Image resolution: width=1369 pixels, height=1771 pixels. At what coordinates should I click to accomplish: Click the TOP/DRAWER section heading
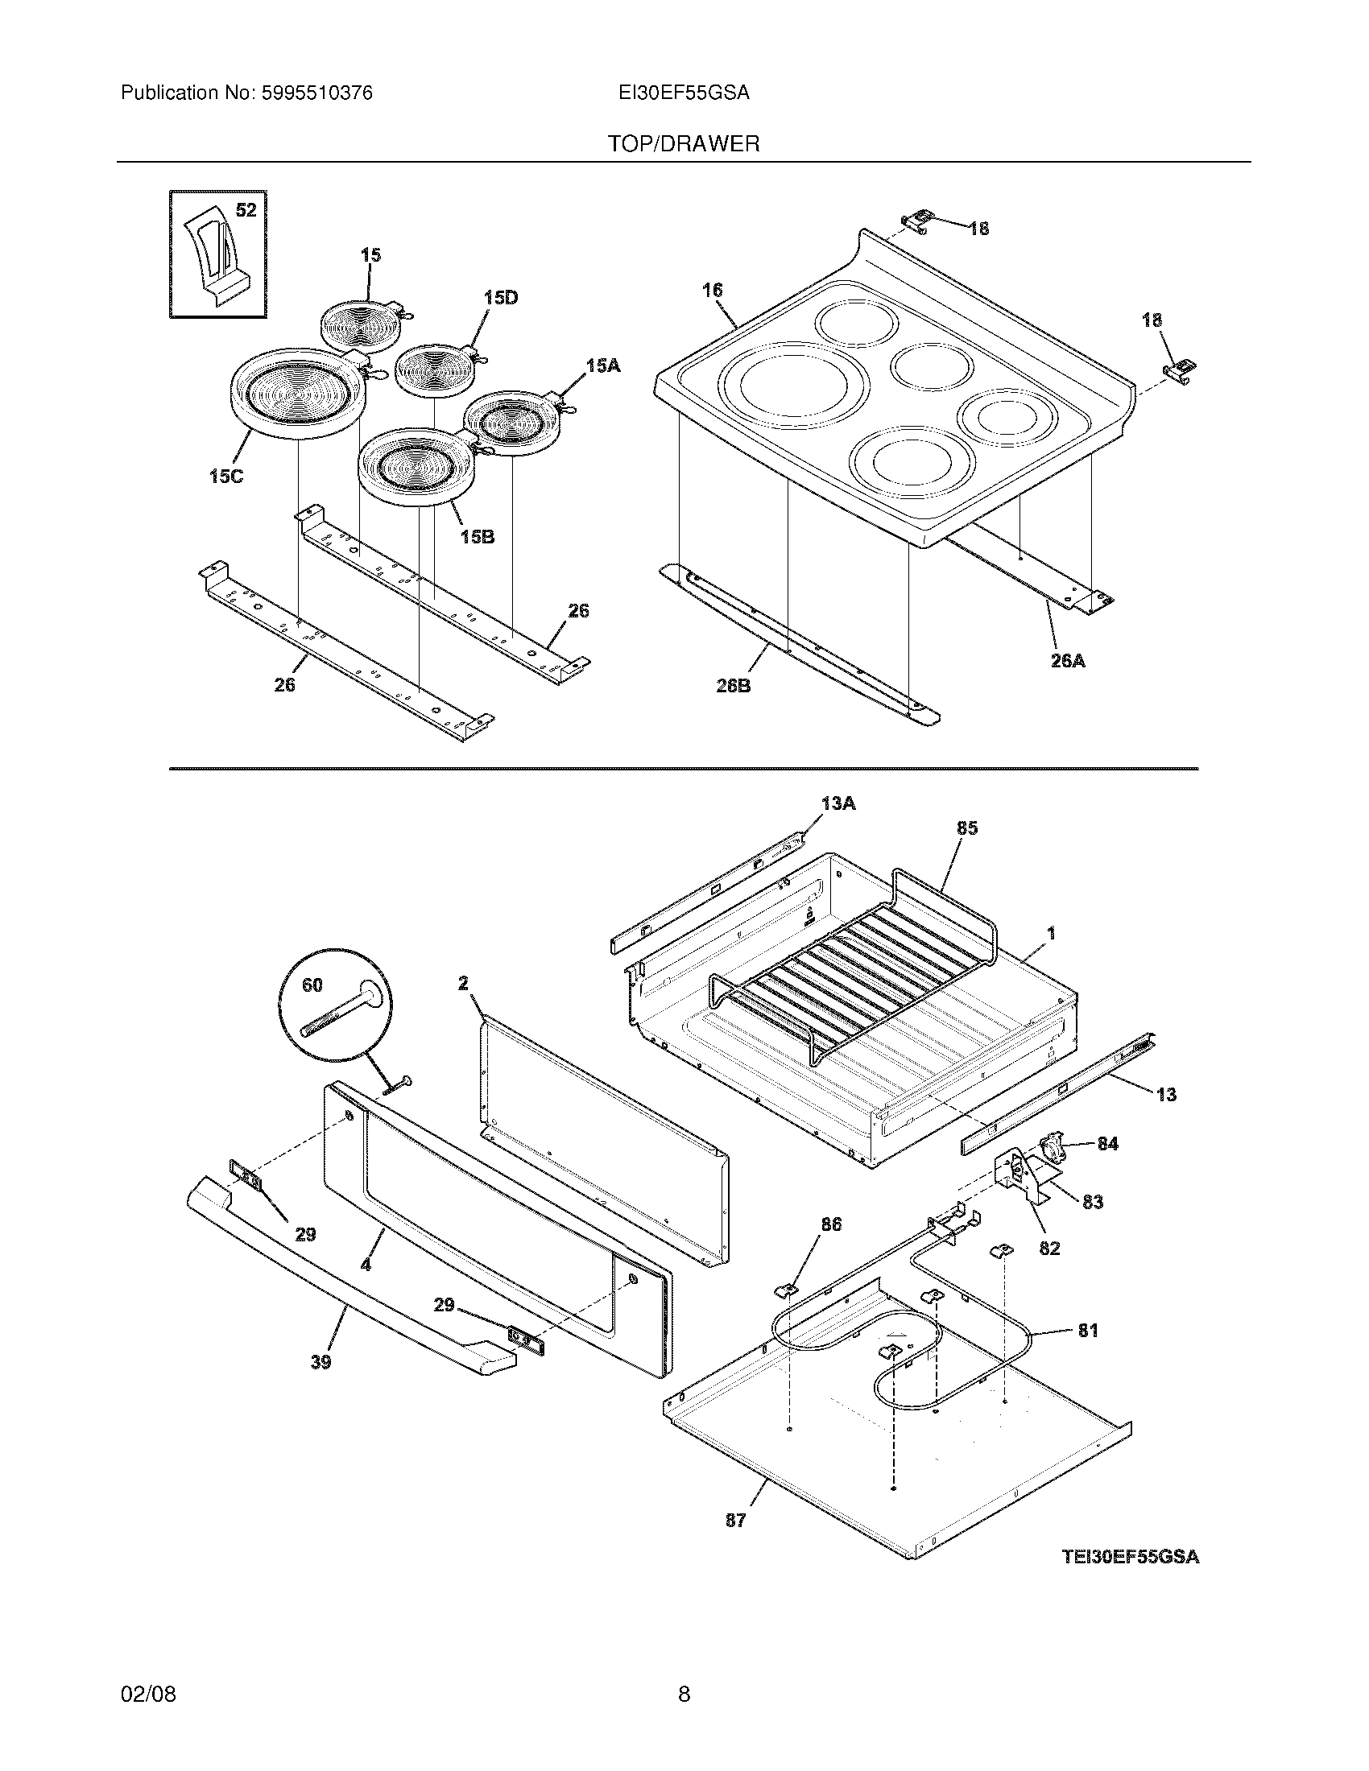[684, 144]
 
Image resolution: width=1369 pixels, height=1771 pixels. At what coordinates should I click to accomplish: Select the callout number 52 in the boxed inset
[246, 210]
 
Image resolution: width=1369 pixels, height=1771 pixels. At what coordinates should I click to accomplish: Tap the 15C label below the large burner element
[225, 477]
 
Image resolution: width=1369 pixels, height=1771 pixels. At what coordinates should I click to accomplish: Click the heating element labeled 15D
[432, 370]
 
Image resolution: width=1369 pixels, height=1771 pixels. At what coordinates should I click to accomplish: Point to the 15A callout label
[602, 366]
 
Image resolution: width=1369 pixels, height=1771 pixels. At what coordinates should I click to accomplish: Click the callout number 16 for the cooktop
[712, 290]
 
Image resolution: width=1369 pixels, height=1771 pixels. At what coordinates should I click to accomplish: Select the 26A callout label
[1067, 661]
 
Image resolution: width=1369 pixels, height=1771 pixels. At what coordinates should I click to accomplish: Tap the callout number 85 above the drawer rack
[966, 828]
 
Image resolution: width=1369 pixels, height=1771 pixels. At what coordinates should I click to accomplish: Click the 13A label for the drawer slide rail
[838, 803]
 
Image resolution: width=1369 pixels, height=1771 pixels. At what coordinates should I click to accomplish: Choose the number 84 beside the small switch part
[1107, 1143]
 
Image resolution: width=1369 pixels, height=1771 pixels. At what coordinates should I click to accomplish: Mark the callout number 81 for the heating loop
[1088, 1330]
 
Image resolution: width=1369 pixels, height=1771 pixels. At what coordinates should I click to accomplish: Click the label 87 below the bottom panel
[734, 1521]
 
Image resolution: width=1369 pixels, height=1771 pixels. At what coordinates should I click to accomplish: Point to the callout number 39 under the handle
[321, 1362]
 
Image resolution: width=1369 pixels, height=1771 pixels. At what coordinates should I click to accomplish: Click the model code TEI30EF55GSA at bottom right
[1131, 1557]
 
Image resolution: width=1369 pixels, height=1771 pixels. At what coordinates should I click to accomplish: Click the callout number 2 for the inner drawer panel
[463, 983]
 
